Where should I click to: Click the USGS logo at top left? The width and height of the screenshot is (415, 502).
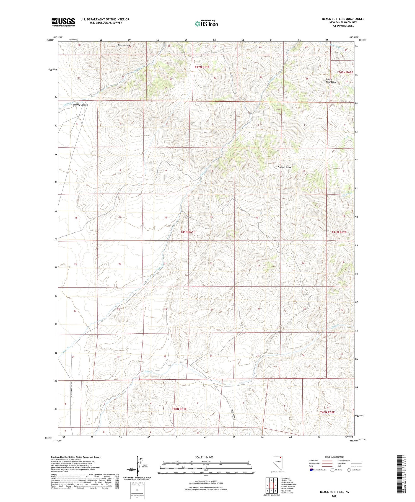63,22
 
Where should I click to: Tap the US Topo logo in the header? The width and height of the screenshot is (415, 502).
206,24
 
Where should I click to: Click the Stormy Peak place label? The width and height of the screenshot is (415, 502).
124,45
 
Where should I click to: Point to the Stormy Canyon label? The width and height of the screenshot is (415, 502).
81,105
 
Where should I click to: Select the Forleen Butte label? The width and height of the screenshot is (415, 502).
284,168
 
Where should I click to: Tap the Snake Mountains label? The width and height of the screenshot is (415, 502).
331,81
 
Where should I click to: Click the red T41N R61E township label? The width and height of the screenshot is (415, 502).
188,232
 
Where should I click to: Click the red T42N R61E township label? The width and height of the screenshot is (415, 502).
202,67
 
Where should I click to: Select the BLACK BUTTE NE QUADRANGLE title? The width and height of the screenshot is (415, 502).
343,19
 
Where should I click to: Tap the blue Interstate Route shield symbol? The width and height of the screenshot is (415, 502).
311,470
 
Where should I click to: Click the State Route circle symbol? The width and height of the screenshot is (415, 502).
349,470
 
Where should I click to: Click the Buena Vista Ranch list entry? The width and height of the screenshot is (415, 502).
288,485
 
